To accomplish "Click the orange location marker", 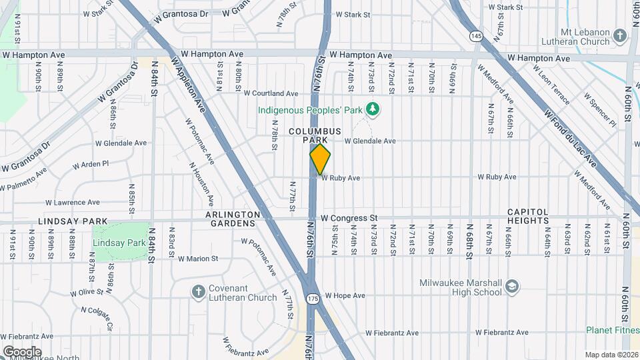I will [321, 159].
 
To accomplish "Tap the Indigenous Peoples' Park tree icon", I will [375, 109].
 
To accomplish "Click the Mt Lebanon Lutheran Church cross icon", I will [619, 35].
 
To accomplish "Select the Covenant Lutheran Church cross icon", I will [198, 291].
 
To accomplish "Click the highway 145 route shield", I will [475, 36].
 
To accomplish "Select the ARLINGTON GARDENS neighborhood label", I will [232, 218].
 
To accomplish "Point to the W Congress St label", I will [349, 218].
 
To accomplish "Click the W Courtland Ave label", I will [271, 93].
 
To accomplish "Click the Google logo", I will [22, 351].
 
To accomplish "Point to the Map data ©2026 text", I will [611, 355].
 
